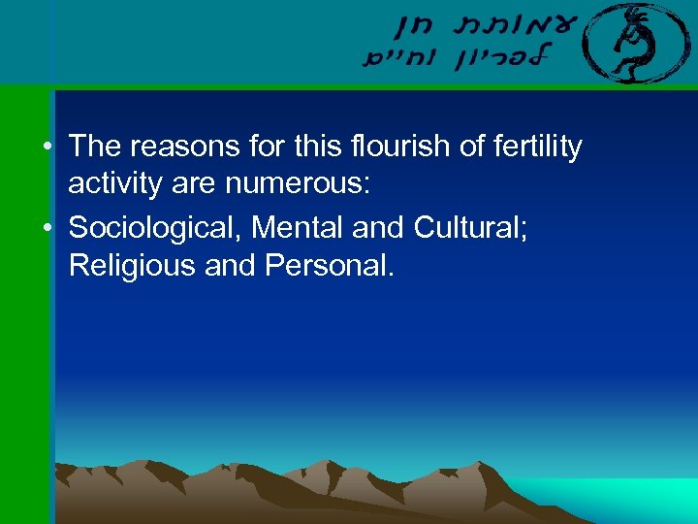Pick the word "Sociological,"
[154, 228]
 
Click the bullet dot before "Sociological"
[47, 229]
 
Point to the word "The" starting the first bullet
[94, 147]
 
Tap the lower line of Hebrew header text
[456, 58]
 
